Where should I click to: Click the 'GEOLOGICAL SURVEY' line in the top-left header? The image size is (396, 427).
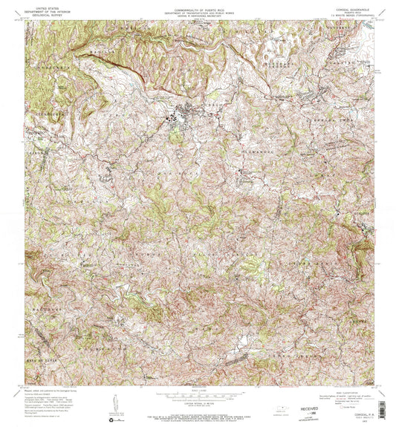(x=42, y=13)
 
